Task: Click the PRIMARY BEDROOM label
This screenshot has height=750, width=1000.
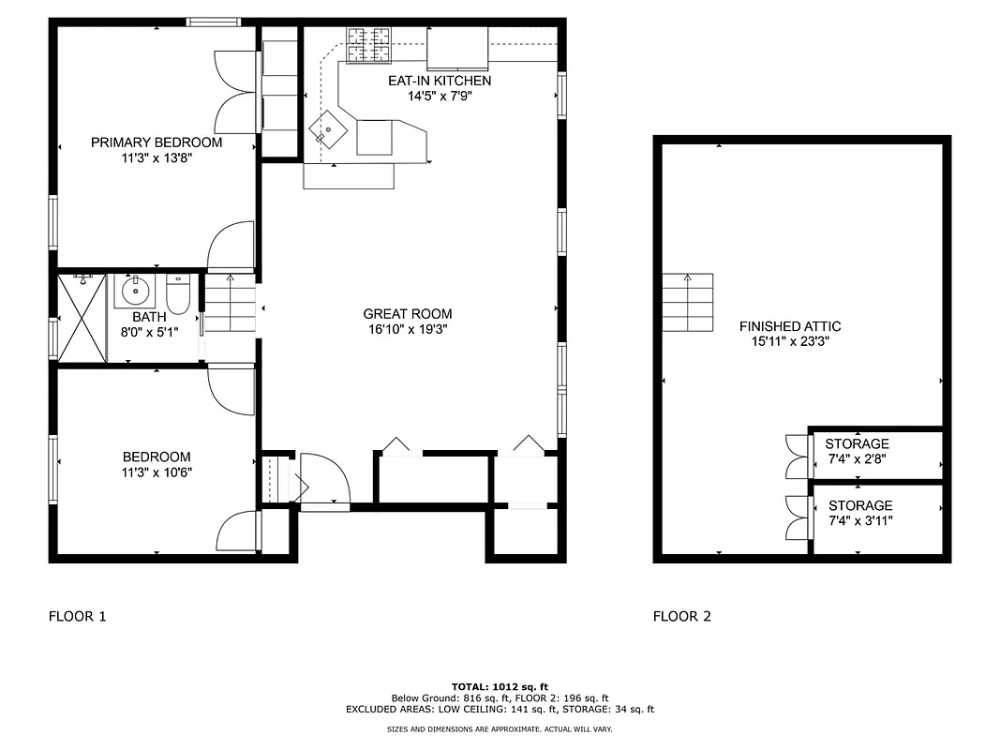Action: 157,142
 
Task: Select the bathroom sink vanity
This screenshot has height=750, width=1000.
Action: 137,291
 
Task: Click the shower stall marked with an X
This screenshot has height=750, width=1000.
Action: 82,317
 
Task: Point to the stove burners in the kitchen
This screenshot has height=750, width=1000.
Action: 369,46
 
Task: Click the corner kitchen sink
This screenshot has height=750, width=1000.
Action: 331,128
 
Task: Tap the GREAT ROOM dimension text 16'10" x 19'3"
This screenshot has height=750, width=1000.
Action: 408,329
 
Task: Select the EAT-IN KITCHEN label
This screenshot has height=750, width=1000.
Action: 440,81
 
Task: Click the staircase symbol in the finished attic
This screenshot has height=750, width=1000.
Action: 687,302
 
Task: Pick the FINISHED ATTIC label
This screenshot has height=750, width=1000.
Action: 789,326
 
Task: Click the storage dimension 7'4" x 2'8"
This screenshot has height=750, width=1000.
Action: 858,459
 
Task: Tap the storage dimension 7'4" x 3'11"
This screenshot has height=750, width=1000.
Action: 859,520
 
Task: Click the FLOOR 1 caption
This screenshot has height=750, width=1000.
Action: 77,616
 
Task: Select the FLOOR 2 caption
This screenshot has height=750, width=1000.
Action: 681,616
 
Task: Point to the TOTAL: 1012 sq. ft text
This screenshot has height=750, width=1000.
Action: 500,686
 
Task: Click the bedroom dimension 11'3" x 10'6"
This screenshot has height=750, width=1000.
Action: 157,472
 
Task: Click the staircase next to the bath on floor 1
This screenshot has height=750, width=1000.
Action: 230,305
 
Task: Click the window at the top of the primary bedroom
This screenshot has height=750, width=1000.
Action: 213,22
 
